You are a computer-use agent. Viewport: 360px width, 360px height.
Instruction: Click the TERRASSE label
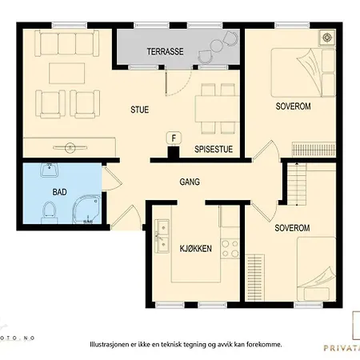pyautogui.click(x=165, y=51)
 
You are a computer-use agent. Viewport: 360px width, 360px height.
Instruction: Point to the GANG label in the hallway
pyautogui.click(x=190, y=182)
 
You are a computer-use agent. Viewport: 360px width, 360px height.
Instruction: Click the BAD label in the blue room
pyautogui.click(x=59, y=192)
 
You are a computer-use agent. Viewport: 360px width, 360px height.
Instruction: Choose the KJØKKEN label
pyautogui.click(x=195, y=249)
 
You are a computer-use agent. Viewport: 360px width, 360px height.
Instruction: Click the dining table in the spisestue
pyautogui.click(x=212, y=107)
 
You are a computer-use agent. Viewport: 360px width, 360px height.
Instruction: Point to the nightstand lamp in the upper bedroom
pyautogui.click(x=325, y=37)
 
